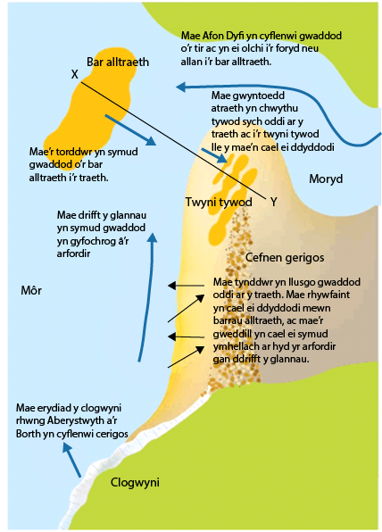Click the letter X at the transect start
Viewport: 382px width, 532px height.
pyautogui.click(x=75, y=74)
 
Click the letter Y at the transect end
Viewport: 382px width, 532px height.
pyautogui.click(x=274, y=203)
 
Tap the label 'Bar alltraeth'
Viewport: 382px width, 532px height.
pyautogui.click(x=118, y=62)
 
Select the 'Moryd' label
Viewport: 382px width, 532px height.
pyautogui.click(x=326, y=179)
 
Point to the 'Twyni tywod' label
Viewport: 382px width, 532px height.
pyautogui.click(x=219, y=203)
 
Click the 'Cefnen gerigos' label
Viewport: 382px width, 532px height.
pyautogui.click(x=285, y=257)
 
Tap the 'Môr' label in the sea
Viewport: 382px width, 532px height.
pyautogui.click(x=31, y=290)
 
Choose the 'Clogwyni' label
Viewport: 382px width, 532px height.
pyautogui.click(x=135, y=482)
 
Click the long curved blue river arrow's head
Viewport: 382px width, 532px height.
pyautogui.click(x=180, y=87)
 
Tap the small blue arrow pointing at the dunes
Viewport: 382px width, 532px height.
pyautogui.click(x=214, y=155)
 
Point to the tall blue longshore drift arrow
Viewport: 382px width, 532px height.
pyautogui.click(x=146, y=297)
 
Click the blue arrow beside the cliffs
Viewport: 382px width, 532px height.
pyautogui.click(x=72, y=461)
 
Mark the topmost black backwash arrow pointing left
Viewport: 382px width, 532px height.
pyautogui.click(x=186, y=286)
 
